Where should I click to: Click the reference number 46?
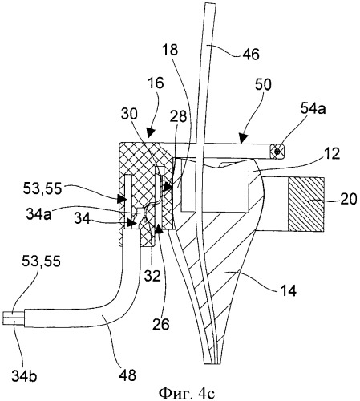pos(251,55)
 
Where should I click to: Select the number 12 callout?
pos(332,154)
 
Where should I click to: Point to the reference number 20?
pos(349,199)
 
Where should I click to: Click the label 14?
pos(288,290)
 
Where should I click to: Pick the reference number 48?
pos(127,375)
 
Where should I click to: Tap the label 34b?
pos(24,376)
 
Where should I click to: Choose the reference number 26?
pos(161,325)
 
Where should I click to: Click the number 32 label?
pos(152,276)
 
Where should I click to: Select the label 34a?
pos(38,214)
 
